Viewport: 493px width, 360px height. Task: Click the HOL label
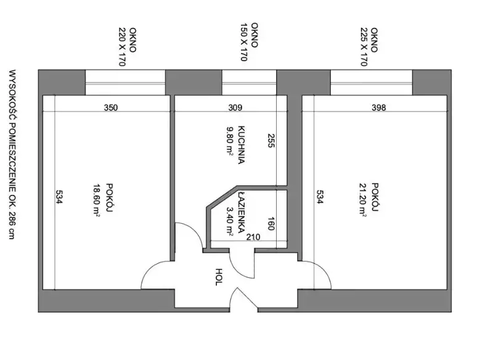(219, 277)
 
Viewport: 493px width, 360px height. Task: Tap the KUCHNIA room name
(241, 145)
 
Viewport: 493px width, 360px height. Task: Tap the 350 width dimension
(111, 107)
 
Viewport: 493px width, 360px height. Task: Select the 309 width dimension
(235, 107)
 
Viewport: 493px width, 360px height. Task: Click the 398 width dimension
(378, 107)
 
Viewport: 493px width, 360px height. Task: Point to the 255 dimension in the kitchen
(271, 140)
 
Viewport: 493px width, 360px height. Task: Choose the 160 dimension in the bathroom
(271, 224)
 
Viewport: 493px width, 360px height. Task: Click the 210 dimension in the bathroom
(253, 237)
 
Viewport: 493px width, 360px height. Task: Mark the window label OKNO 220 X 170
(127, 47)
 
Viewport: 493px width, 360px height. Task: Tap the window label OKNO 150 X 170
(249, 42)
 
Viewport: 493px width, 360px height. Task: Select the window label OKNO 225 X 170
(369, 47)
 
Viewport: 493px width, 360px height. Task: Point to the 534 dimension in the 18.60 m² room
(59, 197)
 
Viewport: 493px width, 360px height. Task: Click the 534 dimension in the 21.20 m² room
(319, 197)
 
